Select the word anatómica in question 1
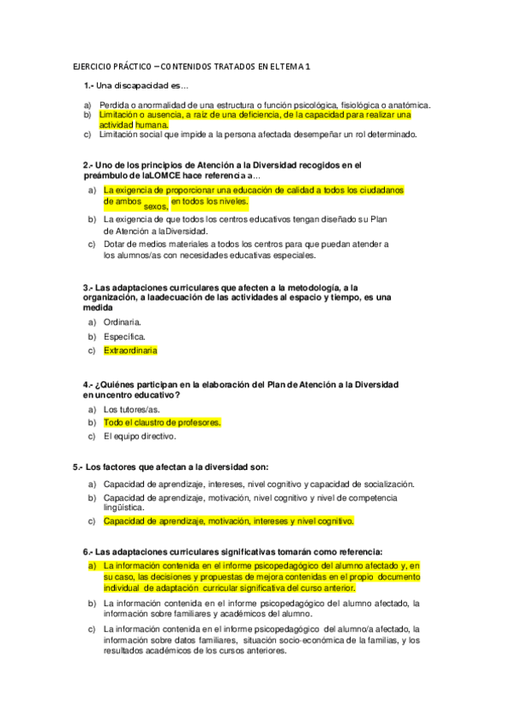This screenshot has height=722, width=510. point(408,105)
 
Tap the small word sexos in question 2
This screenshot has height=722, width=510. point(155,206)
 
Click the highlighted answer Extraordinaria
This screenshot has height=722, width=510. point(130,350)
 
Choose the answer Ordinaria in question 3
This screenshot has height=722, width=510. point(123,322)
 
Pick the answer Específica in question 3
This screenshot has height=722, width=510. point(124,336)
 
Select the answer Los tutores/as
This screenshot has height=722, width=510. point(131,409)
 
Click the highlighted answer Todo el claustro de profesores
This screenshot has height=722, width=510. point(162,422)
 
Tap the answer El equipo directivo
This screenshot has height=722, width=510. point(140,437)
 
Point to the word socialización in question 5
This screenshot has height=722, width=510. point(387,484)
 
